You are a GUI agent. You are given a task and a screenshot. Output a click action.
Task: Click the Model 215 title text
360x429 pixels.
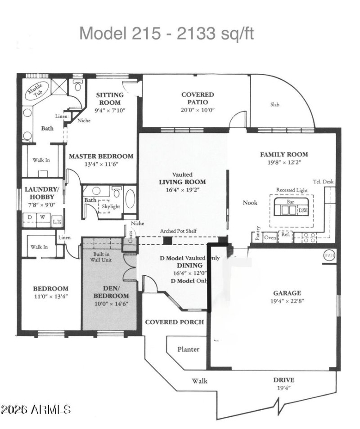click(166, 33)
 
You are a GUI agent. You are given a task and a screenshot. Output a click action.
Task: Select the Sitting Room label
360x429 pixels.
click(110, 98)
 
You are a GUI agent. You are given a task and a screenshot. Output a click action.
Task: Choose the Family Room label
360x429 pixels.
click(284, 154)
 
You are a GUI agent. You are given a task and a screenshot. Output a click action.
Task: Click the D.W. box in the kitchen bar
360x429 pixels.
click(303, 210)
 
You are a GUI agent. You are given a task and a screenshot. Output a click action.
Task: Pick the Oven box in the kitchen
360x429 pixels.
click(270, 237)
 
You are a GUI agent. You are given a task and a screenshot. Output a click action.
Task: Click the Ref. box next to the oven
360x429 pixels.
click(285, 235)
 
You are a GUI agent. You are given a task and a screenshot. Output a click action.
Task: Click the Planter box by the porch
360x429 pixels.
click(188, 349)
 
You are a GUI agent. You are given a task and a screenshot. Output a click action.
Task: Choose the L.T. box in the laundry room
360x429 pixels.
click(57, 221)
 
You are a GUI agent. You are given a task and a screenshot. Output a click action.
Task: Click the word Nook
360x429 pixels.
click(250, 202)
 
